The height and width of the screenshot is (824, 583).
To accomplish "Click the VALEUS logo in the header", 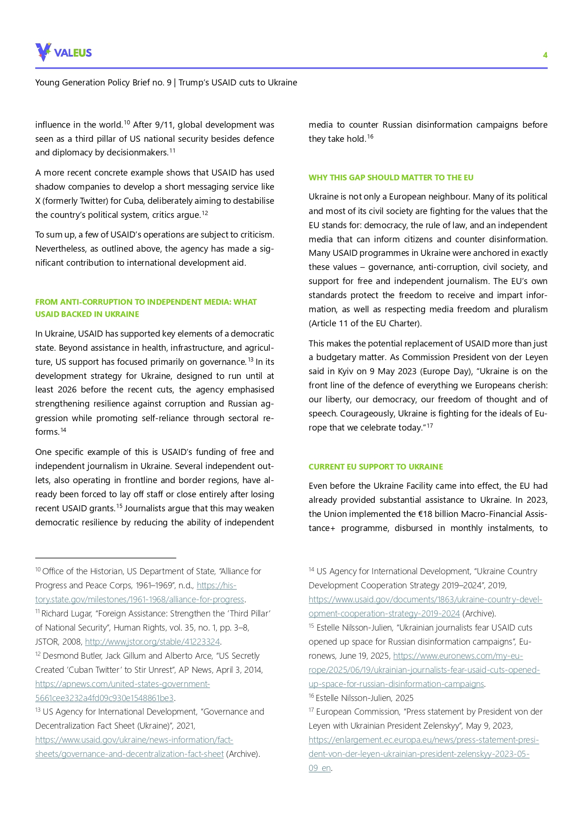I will tap(63, 52).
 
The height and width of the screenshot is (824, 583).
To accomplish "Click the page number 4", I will tap(545, 55).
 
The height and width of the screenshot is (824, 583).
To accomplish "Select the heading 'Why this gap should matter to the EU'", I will tap(391, 177).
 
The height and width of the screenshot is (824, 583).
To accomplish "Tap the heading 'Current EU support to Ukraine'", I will tap(375, 467).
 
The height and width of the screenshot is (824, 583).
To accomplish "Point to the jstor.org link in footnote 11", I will tap(152, 641).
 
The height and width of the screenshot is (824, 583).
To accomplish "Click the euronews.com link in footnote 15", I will tap(424, 670).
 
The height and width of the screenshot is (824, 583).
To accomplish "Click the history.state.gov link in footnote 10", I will tap(140, 600).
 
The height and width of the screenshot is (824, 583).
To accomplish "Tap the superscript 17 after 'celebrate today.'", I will tap(429, 426).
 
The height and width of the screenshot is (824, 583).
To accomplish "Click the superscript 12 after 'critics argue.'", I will tap(204, 213).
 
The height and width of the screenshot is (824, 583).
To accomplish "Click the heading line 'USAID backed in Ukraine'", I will tap(87, 314).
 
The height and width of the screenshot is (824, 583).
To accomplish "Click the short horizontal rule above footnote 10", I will tap(105, 558).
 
